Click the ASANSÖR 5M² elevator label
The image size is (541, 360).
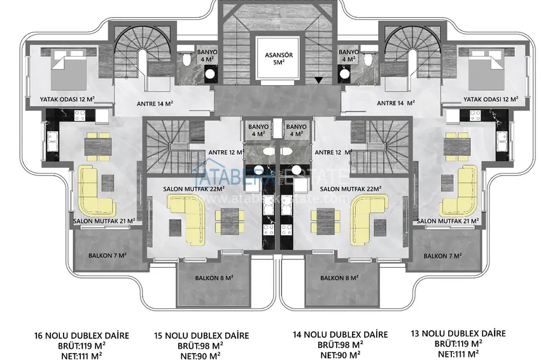point(279,59)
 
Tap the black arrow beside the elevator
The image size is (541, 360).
point(319,80)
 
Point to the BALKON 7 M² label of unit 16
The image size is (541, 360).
point(108,256)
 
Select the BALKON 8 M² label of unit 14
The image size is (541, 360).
point(339,277)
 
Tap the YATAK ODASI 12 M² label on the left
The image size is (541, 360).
point(67,99)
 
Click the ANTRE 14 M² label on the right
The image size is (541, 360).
point(396,103)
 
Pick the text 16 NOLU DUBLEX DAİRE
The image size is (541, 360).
point(81,335)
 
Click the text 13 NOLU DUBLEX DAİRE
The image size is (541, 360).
point(458,333)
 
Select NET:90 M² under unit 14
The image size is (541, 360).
point(341,354)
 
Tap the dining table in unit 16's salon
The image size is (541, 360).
point(98,147)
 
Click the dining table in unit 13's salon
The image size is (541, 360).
point(457,147)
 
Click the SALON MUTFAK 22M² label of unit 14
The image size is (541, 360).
point(351,189)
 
